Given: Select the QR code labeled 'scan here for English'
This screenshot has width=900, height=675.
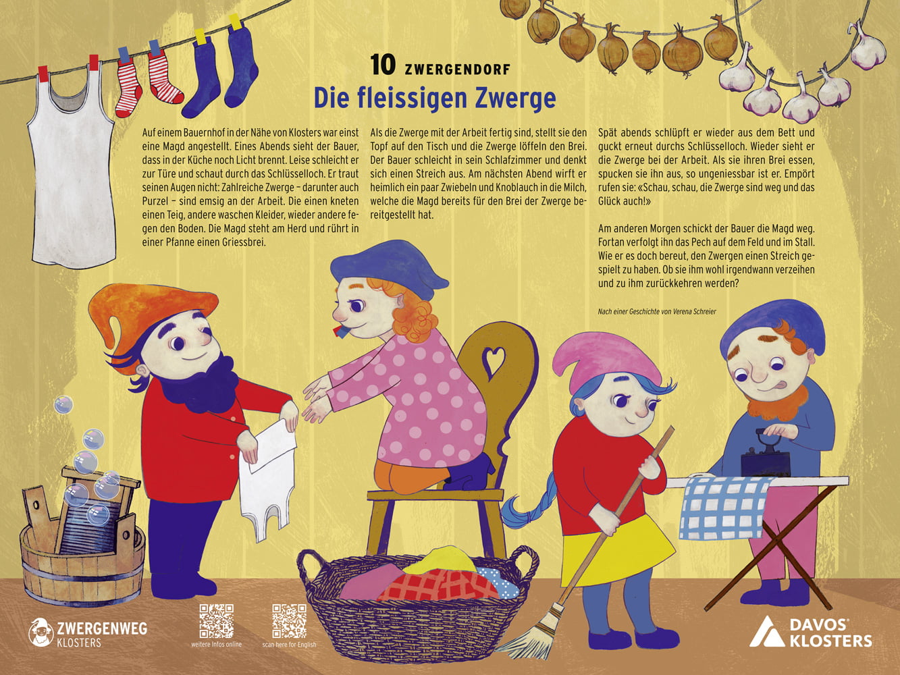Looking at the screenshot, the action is click(x=289, y=621).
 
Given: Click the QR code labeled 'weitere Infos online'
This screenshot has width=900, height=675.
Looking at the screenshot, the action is click(x=217, y=621).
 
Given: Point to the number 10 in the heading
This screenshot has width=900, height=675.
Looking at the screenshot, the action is click(x=383, y=65).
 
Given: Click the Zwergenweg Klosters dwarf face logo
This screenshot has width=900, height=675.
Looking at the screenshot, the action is click(x=41, y=632).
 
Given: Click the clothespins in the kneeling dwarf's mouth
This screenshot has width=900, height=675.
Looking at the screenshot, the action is click(x=340, y=331).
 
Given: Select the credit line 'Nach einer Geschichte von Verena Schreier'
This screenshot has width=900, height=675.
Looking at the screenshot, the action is click(x=657, y=312).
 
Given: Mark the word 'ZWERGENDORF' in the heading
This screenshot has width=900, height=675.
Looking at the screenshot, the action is click(x=457, y=70).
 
